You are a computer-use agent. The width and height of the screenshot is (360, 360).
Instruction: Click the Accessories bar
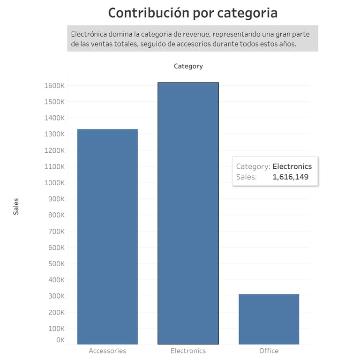coord(107,236)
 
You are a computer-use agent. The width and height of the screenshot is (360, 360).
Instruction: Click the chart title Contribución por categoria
coord(193,13)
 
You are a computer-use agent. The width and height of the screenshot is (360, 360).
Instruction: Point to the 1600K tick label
coord(54,86)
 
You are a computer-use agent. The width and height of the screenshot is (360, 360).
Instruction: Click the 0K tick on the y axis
coord(60,340)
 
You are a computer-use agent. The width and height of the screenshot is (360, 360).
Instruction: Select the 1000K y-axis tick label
coord(54,183)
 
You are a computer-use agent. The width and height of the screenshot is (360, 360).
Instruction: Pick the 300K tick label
coord(56,296)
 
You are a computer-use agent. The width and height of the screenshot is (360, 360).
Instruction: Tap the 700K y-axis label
coord(56,231)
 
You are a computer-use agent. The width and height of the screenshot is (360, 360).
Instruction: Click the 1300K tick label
coord(54,134)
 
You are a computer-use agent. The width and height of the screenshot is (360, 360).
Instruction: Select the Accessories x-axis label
coord(107,351)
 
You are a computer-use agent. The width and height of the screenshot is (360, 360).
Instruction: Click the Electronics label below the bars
coord(188,351)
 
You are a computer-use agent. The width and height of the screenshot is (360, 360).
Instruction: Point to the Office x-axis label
coord(269,351)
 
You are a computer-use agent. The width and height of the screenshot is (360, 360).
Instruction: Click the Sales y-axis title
coord(16,206)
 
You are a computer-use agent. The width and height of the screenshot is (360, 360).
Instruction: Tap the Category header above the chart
coord(188,66)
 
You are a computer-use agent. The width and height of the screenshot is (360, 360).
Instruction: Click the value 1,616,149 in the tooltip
coord(290,177)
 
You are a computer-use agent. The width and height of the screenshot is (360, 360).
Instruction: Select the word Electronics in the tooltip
coord(292,166)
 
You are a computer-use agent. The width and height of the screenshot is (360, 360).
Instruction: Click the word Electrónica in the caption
coord(90,34)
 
